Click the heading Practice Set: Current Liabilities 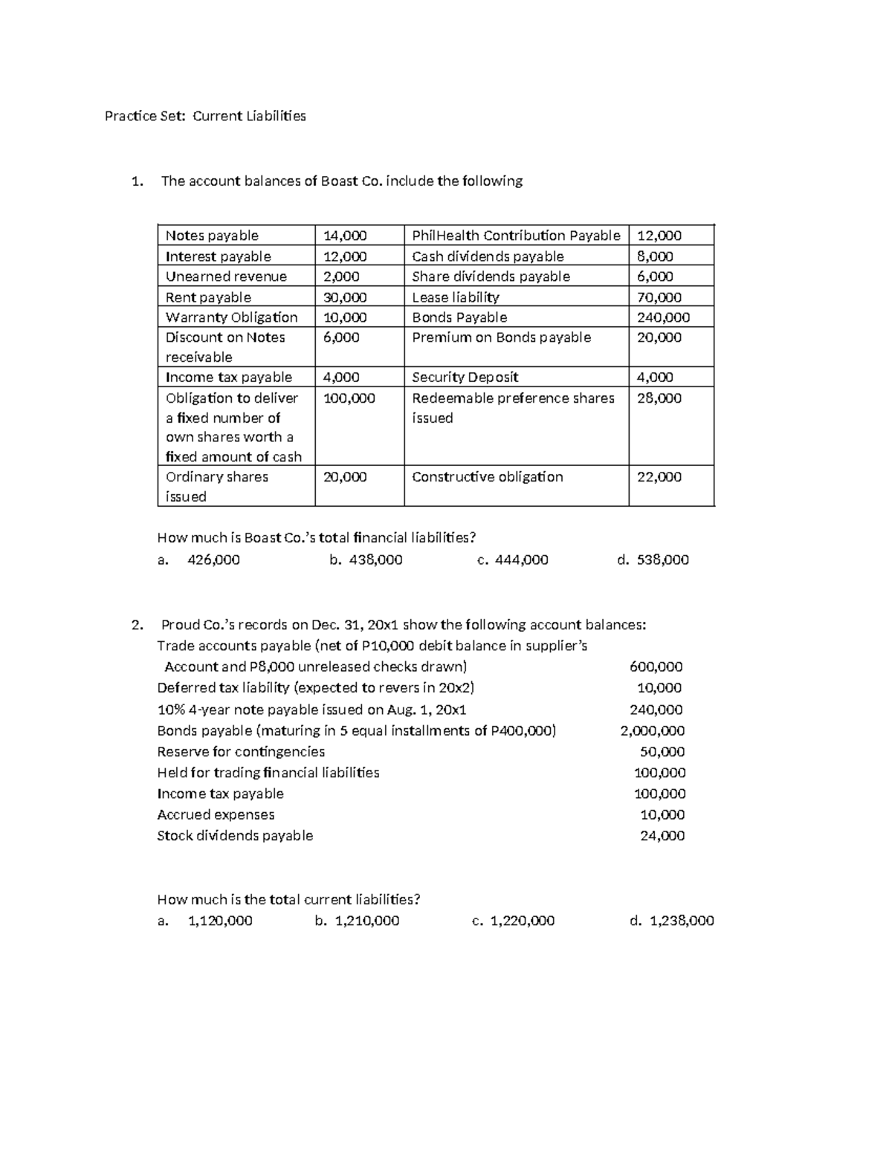[205, 116]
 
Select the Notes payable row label [212, 236]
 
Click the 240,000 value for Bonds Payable [663, 317]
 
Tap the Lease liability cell [456, 297]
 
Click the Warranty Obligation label [231, 317]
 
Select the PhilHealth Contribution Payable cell [516, 236]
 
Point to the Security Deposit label [465, 377]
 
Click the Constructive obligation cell [488, 477]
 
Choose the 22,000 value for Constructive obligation [659, 477]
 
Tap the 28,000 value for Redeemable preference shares [659, 398]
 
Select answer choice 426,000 [213, 560]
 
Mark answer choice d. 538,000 [653, 560]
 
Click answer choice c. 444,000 [512, 560]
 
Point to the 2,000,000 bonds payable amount [652, 730]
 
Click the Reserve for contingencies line [241, 751]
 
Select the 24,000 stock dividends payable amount [662, 835]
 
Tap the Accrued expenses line [216, 814]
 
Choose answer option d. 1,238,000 [671, 921]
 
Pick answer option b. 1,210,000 [357, 921]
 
